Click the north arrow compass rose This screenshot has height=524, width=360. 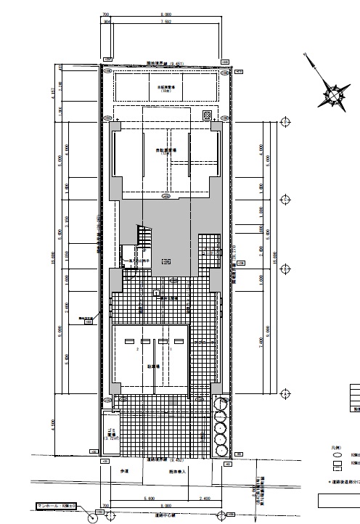tap(333, 92)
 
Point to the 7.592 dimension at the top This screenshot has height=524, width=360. tap(166, 22)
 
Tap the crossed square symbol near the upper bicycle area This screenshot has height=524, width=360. tap(207, 115)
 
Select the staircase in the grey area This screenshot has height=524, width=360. tap(145, 237)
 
